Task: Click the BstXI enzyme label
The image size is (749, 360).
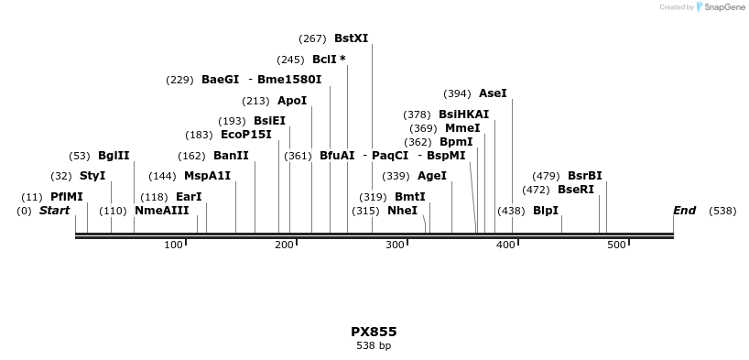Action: (351, 38)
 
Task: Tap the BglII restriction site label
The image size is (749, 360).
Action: (114, 156)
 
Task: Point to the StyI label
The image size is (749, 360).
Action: (92, 176)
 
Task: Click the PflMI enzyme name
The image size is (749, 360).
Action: (67, 197)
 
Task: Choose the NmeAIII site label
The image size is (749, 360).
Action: (162, 211)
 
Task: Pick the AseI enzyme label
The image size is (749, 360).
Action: (493, 93)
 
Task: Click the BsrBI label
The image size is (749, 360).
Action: (585, 176)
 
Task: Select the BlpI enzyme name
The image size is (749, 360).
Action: (546, 211)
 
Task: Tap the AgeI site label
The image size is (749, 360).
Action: (432, 176)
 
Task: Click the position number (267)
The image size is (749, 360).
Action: (312, 38)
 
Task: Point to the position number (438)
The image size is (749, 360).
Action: (511, 211)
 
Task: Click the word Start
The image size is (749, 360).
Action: (54, 211)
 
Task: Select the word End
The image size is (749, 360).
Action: (684, 211)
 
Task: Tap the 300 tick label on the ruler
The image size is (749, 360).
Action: (396, 245)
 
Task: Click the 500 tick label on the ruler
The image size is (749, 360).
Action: (616, 245)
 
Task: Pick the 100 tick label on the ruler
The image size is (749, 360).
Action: (173, 245)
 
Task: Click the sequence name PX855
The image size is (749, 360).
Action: (374, 332)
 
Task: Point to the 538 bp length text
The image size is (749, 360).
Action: (374, 346)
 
